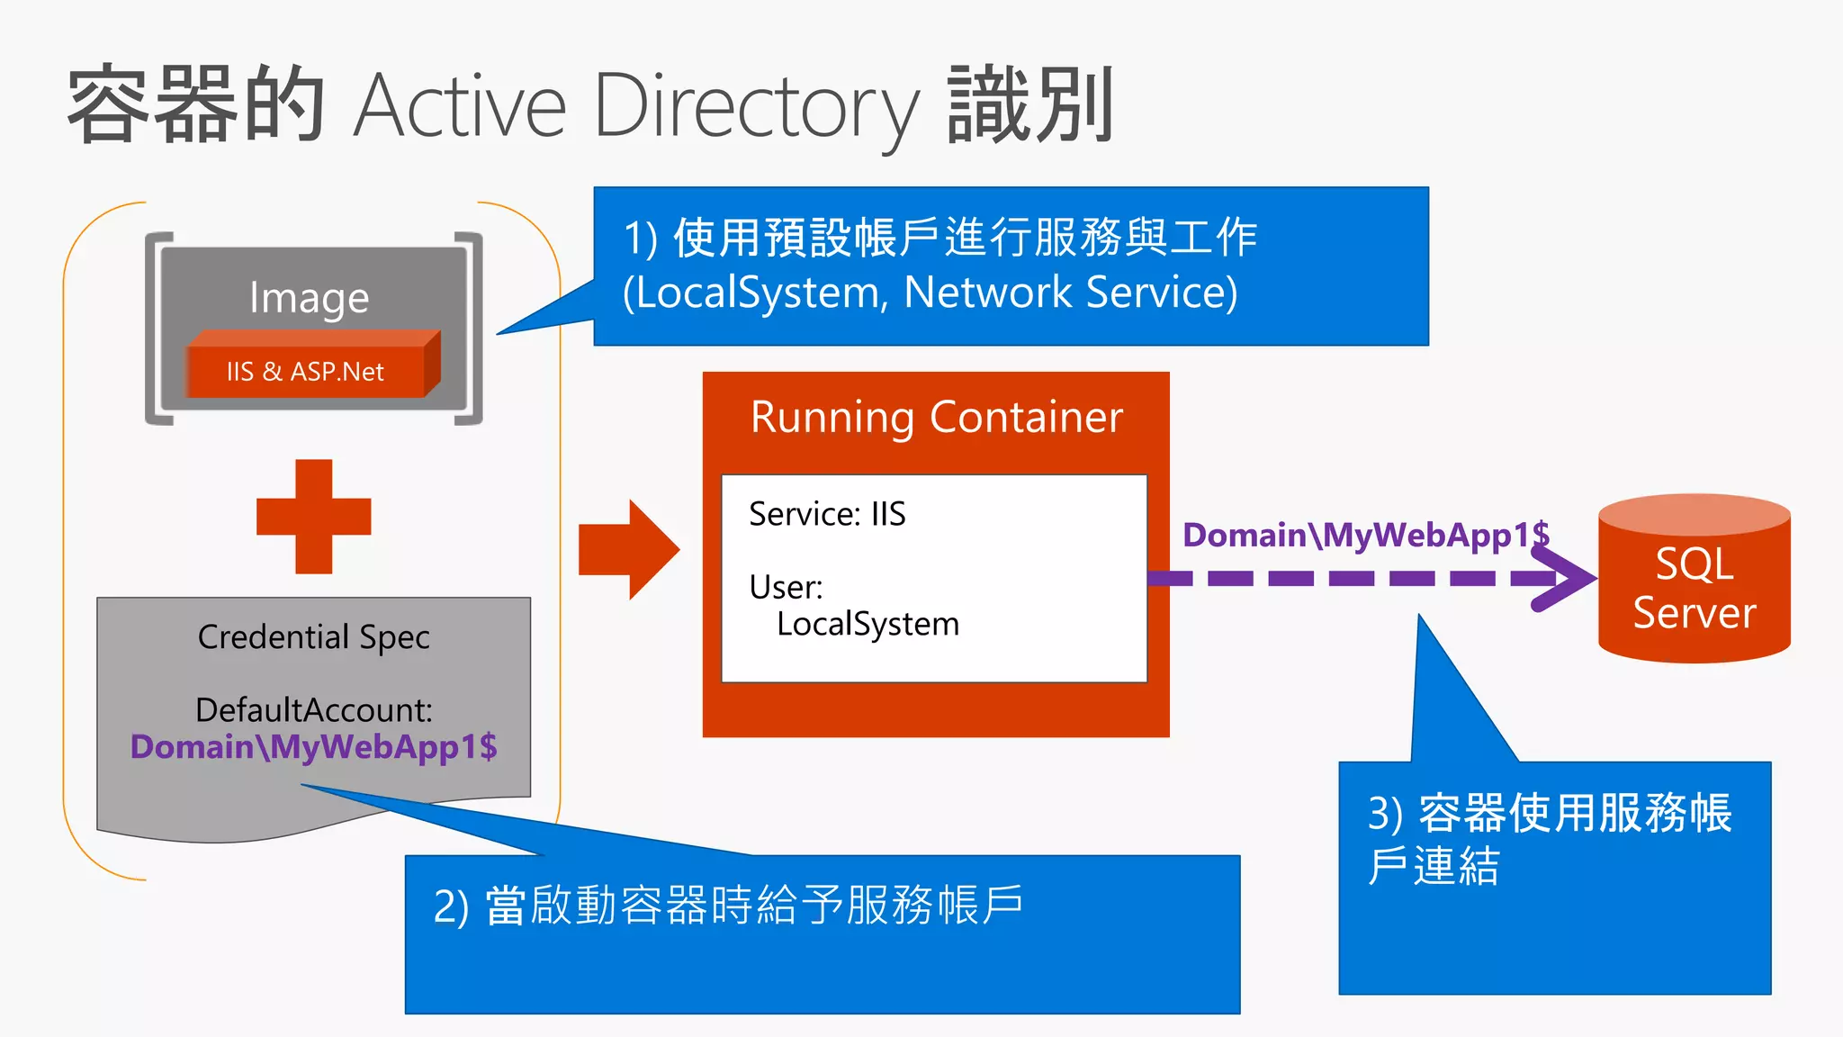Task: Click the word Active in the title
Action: [460, 106]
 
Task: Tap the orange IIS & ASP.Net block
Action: [306, 371]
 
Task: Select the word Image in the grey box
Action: [309, 298]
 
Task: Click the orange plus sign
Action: [313, 517]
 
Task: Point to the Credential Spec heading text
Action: [313, 636]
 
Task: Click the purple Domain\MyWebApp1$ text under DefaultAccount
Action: [313, 747]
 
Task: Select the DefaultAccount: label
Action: [313, 709]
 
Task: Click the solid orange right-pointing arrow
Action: [628, 549]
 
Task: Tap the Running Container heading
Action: [936, 418]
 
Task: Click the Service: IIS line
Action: [827, 514]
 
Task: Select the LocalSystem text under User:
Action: [868, 624]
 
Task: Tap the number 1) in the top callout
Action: [641, 239]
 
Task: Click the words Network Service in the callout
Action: [1070, 293]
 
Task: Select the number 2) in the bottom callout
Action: [451, 906]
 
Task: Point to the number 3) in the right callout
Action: [1385, 814]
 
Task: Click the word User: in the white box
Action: [786, 587]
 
